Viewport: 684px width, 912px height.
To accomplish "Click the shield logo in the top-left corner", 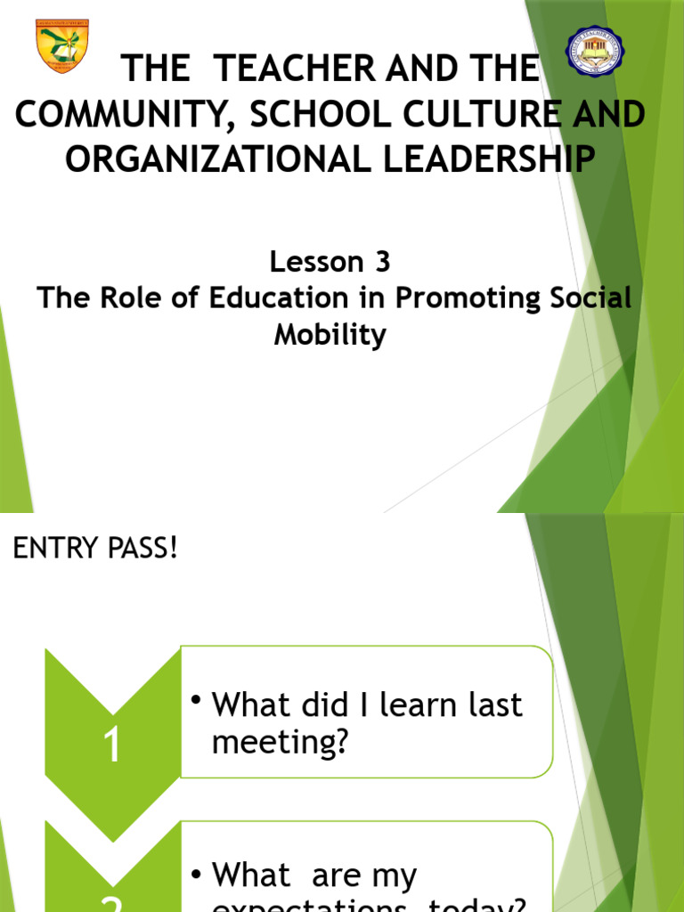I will (x=61, y=45).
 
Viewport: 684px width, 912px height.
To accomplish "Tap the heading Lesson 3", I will (x=330, y=262).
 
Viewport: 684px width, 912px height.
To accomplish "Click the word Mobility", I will (x=330, y=336).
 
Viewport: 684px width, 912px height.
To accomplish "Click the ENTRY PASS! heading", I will (x=95, y=550).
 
